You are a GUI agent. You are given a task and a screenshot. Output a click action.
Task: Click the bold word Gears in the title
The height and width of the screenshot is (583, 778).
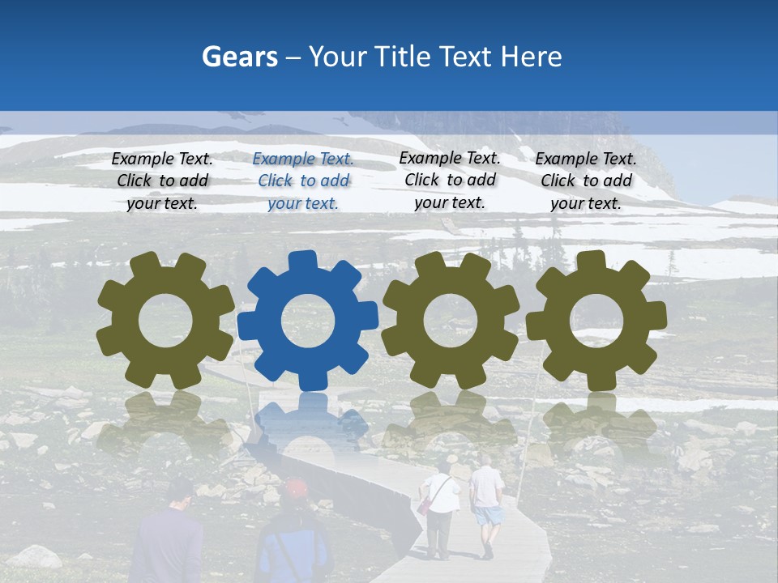(239, 57)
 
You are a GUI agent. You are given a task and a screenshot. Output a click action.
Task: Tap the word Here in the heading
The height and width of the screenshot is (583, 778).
(531, 57)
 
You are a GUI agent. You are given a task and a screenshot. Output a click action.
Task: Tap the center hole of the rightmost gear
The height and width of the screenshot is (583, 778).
(596, 320)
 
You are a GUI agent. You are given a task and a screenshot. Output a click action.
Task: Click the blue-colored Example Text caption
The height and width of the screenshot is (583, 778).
(303, 181)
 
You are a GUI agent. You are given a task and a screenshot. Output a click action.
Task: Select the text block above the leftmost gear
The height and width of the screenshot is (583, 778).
(162, 181)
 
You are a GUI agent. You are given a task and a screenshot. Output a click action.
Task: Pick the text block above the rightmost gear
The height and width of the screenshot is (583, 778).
(586, 181)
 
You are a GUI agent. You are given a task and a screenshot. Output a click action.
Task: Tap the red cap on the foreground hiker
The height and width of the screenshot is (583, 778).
(296, 487)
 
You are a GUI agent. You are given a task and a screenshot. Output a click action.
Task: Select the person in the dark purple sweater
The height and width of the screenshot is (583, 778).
(169, 543)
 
